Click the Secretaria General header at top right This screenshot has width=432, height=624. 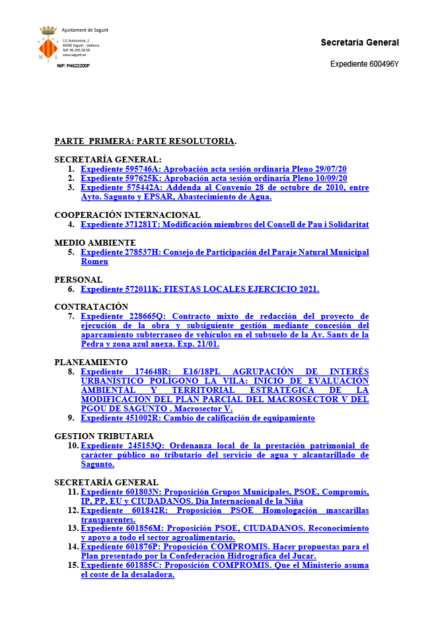click(x=359, y=43)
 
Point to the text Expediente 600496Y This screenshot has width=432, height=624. click(x=364, y=64)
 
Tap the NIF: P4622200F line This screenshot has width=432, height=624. click(x=73, y=66)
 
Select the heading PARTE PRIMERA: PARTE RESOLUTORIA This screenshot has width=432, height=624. click(x=145, y=141)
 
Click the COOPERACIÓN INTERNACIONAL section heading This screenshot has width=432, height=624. click(x=127, y=215)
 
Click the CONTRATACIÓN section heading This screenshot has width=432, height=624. click(x=90, y=307)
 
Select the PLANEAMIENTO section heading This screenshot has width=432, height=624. click(x=90, y=363)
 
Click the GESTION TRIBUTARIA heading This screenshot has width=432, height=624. click(x=104, y=436)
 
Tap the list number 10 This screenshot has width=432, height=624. click(x=73, y=446)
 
